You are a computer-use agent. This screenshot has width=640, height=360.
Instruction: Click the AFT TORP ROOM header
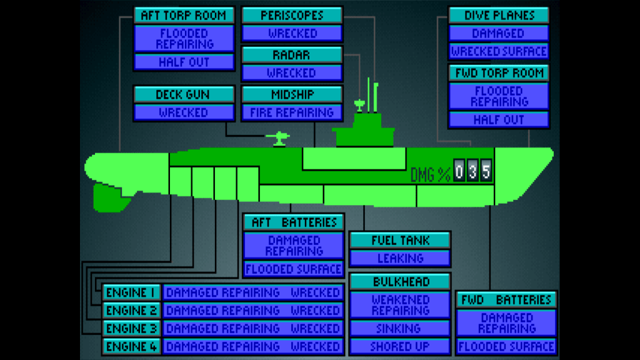click(x=184, y=16)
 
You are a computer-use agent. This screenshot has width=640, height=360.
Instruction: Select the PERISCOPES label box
click(x=292, y=16)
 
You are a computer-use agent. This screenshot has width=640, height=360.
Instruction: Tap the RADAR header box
click(x=292, y=55)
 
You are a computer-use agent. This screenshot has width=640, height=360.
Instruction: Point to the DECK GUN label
click(x=183, y=95)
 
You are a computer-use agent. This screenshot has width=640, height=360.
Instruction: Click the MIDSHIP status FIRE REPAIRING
click(x=292, y=112)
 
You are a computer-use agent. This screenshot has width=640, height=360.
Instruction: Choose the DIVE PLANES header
click(x=498, y=16)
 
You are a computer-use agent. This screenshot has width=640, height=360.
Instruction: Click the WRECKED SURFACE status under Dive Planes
click(x=498, y=51)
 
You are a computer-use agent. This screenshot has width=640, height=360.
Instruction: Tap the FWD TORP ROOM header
click(x=498, y=72)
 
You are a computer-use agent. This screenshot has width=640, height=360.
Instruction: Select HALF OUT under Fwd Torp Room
click(x=498, y=119)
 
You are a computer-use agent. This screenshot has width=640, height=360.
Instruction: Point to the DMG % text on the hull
click(x=431, y=174)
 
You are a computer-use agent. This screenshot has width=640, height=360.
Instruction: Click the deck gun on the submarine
click(x=277, y=139)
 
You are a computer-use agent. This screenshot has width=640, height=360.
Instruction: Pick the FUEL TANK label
click(x=400, y=240)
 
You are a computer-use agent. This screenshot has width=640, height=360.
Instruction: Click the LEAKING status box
click(x=400, y=258)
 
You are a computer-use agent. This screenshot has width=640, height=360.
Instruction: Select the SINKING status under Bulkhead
click(x=400, y=328)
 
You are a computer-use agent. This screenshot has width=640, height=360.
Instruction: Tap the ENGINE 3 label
click(x=131, y=328)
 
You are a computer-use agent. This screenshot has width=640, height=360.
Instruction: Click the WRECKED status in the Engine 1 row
click(x=315, y=292)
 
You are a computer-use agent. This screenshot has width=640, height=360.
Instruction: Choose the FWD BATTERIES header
click(x=506, y=299)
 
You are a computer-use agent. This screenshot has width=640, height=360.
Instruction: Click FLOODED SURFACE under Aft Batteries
click(x=293, y=269)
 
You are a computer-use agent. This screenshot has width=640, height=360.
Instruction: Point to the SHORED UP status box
click(x=400, y=346)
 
